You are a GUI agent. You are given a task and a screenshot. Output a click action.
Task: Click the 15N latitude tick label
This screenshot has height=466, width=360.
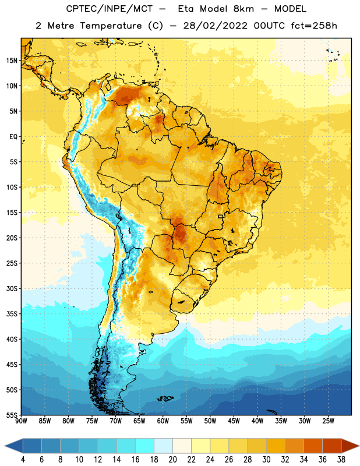point(12,61)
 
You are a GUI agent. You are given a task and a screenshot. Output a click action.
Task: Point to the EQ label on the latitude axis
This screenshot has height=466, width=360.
point(13,137)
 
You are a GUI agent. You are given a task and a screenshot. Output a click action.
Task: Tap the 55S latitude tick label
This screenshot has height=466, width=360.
point(12,415)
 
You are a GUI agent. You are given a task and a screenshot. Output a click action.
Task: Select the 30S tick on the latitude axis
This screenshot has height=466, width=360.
point(12,288)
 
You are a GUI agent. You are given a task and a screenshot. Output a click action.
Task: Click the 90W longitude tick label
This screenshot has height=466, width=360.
point(21,421)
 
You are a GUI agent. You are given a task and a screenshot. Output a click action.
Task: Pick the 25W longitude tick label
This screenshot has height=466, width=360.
point(328,421)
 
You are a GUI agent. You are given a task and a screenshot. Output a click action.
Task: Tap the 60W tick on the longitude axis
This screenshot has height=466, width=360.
point(163,421)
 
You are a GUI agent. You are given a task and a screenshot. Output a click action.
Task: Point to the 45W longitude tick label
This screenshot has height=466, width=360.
point(234,421)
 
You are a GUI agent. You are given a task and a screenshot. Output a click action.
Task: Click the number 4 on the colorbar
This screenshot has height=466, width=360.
point(23,460)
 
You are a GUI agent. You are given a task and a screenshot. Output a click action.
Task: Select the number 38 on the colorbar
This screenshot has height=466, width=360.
point(341,460)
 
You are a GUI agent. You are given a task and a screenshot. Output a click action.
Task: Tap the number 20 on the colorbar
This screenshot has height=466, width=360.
point(172,460)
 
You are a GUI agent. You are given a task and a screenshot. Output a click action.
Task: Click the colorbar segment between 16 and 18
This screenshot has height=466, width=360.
point(145,446)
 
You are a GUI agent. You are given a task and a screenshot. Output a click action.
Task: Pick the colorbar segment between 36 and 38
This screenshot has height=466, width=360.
point(332,446)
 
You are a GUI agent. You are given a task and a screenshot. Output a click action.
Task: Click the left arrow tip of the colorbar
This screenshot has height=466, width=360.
point(5,446)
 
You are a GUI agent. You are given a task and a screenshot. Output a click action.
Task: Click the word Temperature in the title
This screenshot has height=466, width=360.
point(111,26)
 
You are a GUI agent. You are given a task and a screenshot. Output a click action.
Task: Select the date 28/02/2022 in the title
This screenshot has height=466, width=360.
point(215,26)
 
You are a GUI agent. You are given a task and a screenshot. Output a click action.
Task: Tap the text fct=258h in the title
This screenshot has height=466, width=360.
point(314,26)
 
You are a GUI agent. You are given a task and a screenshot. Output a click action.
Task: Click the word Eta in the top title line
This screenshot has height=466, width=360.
point(186,9)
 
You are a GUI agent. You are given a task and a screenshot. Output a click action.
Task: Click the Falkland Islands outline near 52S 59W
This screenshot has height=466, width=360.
point(165,398)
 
